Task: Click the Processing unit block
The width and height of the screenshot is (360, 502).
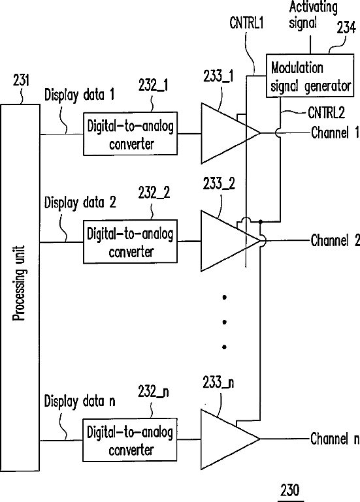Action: [x=20, y=287]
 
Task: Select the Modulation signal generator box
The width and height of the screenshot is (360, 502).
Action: [x=310, y=76]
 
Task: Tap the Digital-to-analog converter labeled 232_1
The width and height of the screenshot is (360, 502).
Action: [x=130, y=134]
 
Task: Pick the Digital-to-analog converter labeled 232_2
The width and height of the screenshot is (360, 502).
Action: [x=130, y=242]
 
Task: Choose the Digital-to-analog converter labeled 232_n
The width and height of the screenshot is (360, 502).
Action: [x=130, y=440]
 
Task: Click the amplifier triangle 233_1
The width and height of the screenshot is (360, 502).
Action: [x=224, y=133]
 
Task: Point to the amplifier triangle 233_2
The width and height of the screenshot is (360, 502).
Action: [x=224, y=241]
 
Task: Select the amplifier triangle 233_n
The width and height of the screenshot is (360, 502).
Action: [x=224, y=439]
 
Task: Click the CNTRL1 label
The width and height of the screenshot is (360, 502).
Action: [x=246, y=23]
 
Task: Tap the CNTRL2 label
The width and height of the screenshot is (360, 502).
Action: [x=326, y=113]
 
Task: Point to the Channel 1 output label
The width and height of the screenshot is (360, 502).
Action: [x=335, y=133]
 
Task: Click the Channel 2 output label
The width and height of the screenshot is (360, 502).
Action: [x=335, y=240]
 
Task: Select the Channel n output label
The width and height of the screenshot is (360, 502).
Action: [x=335, y=439]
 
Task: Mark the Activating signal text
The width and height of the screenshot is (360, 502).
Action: [x=312, y=16]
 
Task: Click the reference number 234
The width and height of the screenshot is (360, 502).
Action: [x=346, y=27]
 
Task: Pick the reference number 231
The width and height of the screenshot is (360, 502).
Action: [x=21, y=80]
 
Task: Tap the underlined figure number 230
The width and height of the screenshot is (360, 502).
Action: [x=290, y=490]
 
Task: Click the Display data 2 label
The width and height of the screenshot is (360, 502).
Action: [x=80, y=202]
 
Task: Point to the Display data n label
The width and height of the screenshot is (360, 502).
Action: [x=80, y=401]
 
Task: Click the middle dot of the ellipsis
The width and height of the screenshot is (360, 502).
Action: [x=224, y=322]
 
